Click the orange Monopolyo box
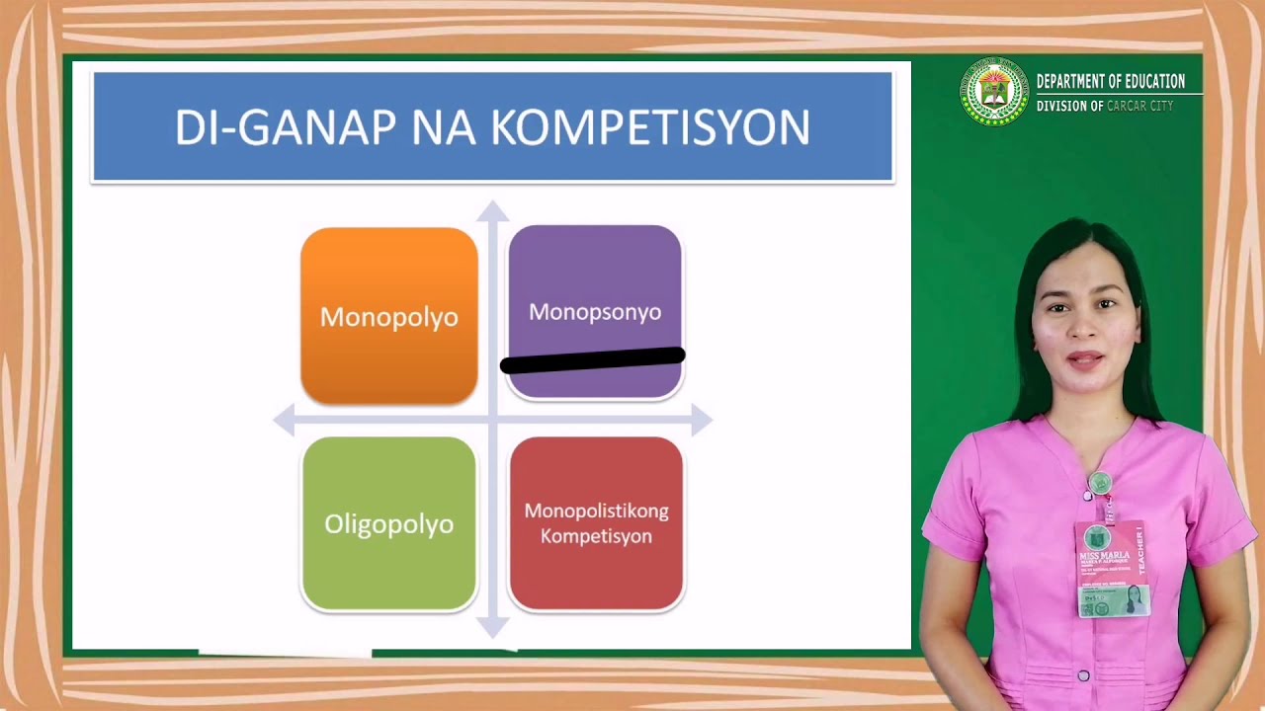pyautogui.click(x=388, y=316)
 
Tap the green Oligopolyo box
pyautogui.click(x=388, y=524)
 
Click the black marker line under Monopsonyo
pyautogui.click(x=593, y=359)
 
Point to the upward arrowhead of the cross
pyautogui.click(x=492, y=211)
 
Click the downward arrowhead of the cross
pyautogui.click(x=492, y=626)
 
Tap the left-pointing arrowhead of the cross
pyautogui.click(x=285, y=421)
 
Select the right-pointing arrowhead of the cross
pyautogui.click(x=701, y=420)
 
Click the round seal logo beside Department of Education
pyautogui.click(x=994, y=92)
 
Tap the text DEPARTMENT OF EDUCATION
pyautogui.click(x=1110, y=82)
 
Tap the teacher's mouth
pyautogui.click(x=1084, y=360)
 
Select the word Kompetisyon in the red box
pyautogui.click(x=596, y=536)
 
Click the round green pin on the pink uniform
pyautogui.click(x=1099, y=483)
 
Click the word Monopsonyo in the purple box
pyautogui.click(x=594, y=312)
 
